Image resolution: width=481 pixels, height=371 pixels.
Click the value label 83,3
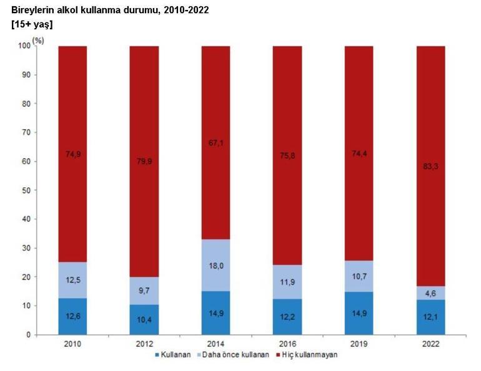[430, 166]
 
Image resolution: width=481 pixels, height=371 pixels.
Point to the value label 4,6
[430, 293]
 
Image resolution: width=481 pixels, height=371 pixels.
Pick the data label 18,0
[216, 265]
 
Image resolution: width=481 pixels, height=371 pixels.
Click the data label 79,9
[144, 161]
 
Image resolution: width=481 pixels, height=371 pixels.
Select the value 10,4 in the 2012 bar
[144, 319]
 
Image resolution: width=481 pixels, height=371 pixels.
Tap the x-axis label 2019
[359, 343]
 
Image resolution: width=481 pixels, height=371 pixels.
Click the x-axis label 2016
[287, 343]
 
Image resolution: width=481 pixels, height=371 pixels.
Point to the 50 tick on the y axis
[24, 190]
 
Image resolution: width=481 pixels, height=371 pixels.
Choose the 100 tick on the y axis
[23, 46]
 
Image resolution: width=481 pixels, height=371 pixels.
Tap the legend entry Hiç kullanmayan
[307, 355]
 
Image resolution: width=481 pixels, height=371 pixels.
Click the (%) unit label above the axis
[39, 41]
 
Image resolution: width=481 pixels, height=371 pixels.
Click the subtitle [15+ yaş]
[32, 24]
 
